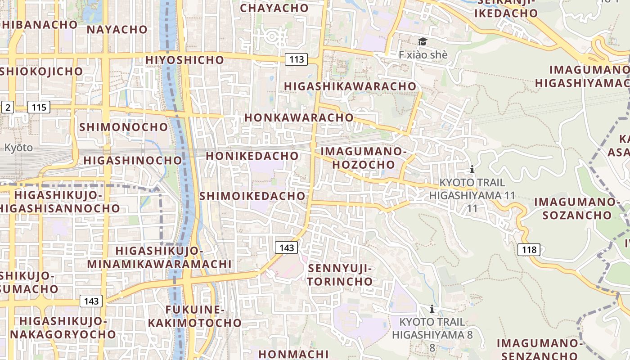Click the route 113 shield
tap(297, 59)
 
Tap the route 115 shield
tap(39, 107)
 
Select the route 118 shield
tap(529, 249)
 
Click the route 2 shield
tap(8, 107)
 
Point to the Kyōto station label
tap(18, 148)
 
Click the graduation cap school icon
tap(423, 42)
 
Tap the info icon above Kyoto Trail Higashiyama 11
tap(472, 169)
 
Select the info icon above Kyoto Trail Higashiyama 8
tap(432, 309)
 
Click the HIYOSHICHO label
tap(184, 60)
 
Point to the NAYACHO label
tap(117, 30)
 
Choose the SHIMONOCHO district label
tap(124, 127)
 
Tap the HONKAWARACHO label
tap(299, 117)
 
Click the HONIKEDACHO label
tap(252, 156)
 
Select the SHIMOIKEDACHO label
tap(252, 196)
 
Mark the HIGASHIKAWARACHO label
tap(350, 86)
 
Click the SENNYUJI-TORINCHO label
tap(340, 275)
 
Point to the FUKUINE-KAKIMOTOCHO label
tap(195, 316)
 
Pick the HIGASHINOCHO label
tap(133, 160)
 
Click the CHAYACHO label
tap(274, 8)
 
